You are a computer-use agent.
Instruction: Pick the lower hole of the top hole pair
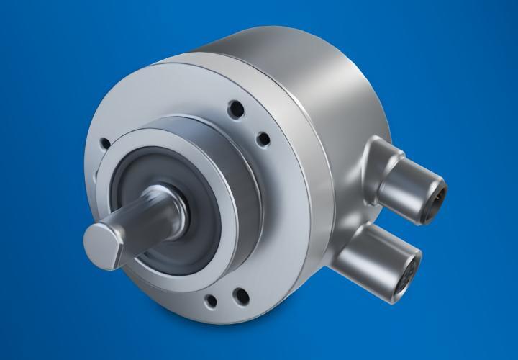[x=263, y=138]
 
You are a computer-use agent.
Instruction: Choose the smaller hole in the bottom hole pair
[x=211, y=300]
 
